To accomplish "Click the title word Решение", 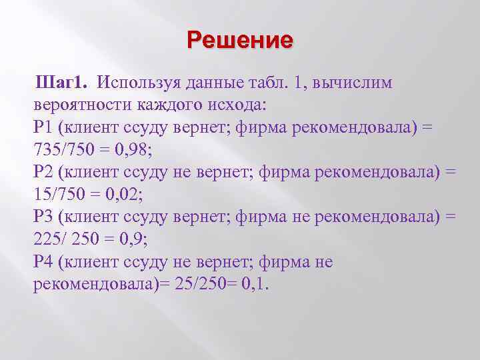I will click(240, 40).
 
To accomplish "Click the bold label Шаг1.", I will click(65, 83).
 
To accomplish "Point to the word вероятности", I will click(84, 105).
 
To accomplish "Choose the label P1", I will click(42, 127).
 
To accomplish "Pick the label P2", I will click(42, 172).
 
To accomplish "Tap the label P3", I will click(42, 217).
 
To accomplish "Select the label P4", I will click(42, 262).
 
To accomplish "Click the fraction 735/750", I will click(65, 149).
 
